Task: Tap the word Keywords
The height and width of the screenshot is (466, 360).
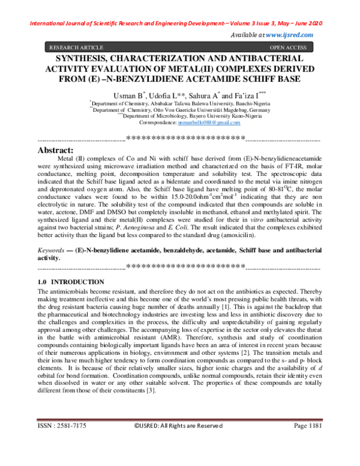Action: click(52, 249)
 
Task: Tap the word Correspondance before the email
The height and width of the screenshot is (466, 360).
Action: click(157, 122)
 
